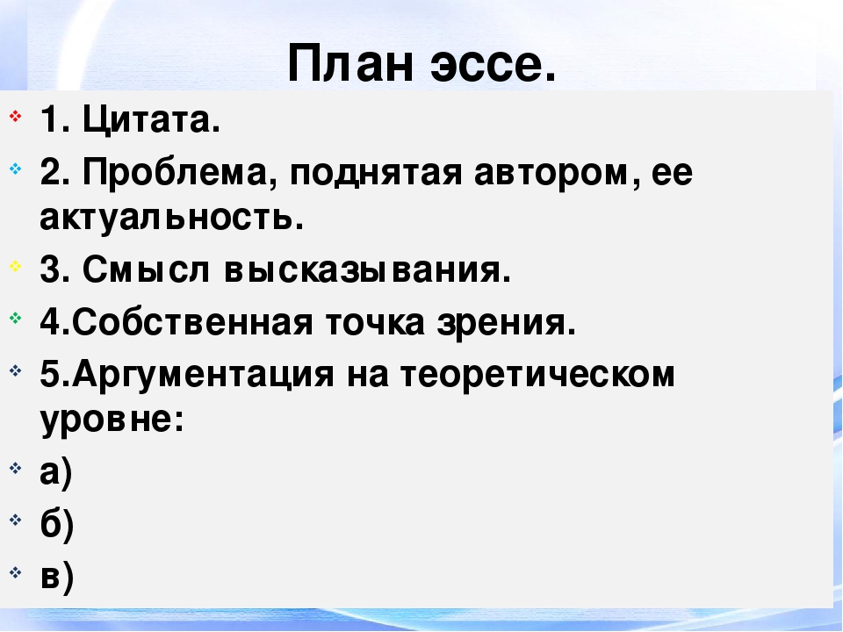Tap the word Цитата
[151, 119]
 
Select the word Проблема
[175, 173]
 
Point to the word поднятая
[376, 175]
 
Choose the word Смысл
[146, 269]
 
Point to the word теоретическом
[537, 375]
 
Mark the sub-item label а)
[56, 473]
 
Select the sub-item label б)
[56, 523]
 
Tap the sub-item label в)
[56, 577]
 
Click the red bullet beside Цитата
[16, 116]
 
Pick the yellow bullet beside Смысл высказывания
[16, 266]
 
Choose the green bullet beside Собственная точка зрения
[16, 318]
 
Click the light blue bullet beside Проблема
[16, 169]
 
